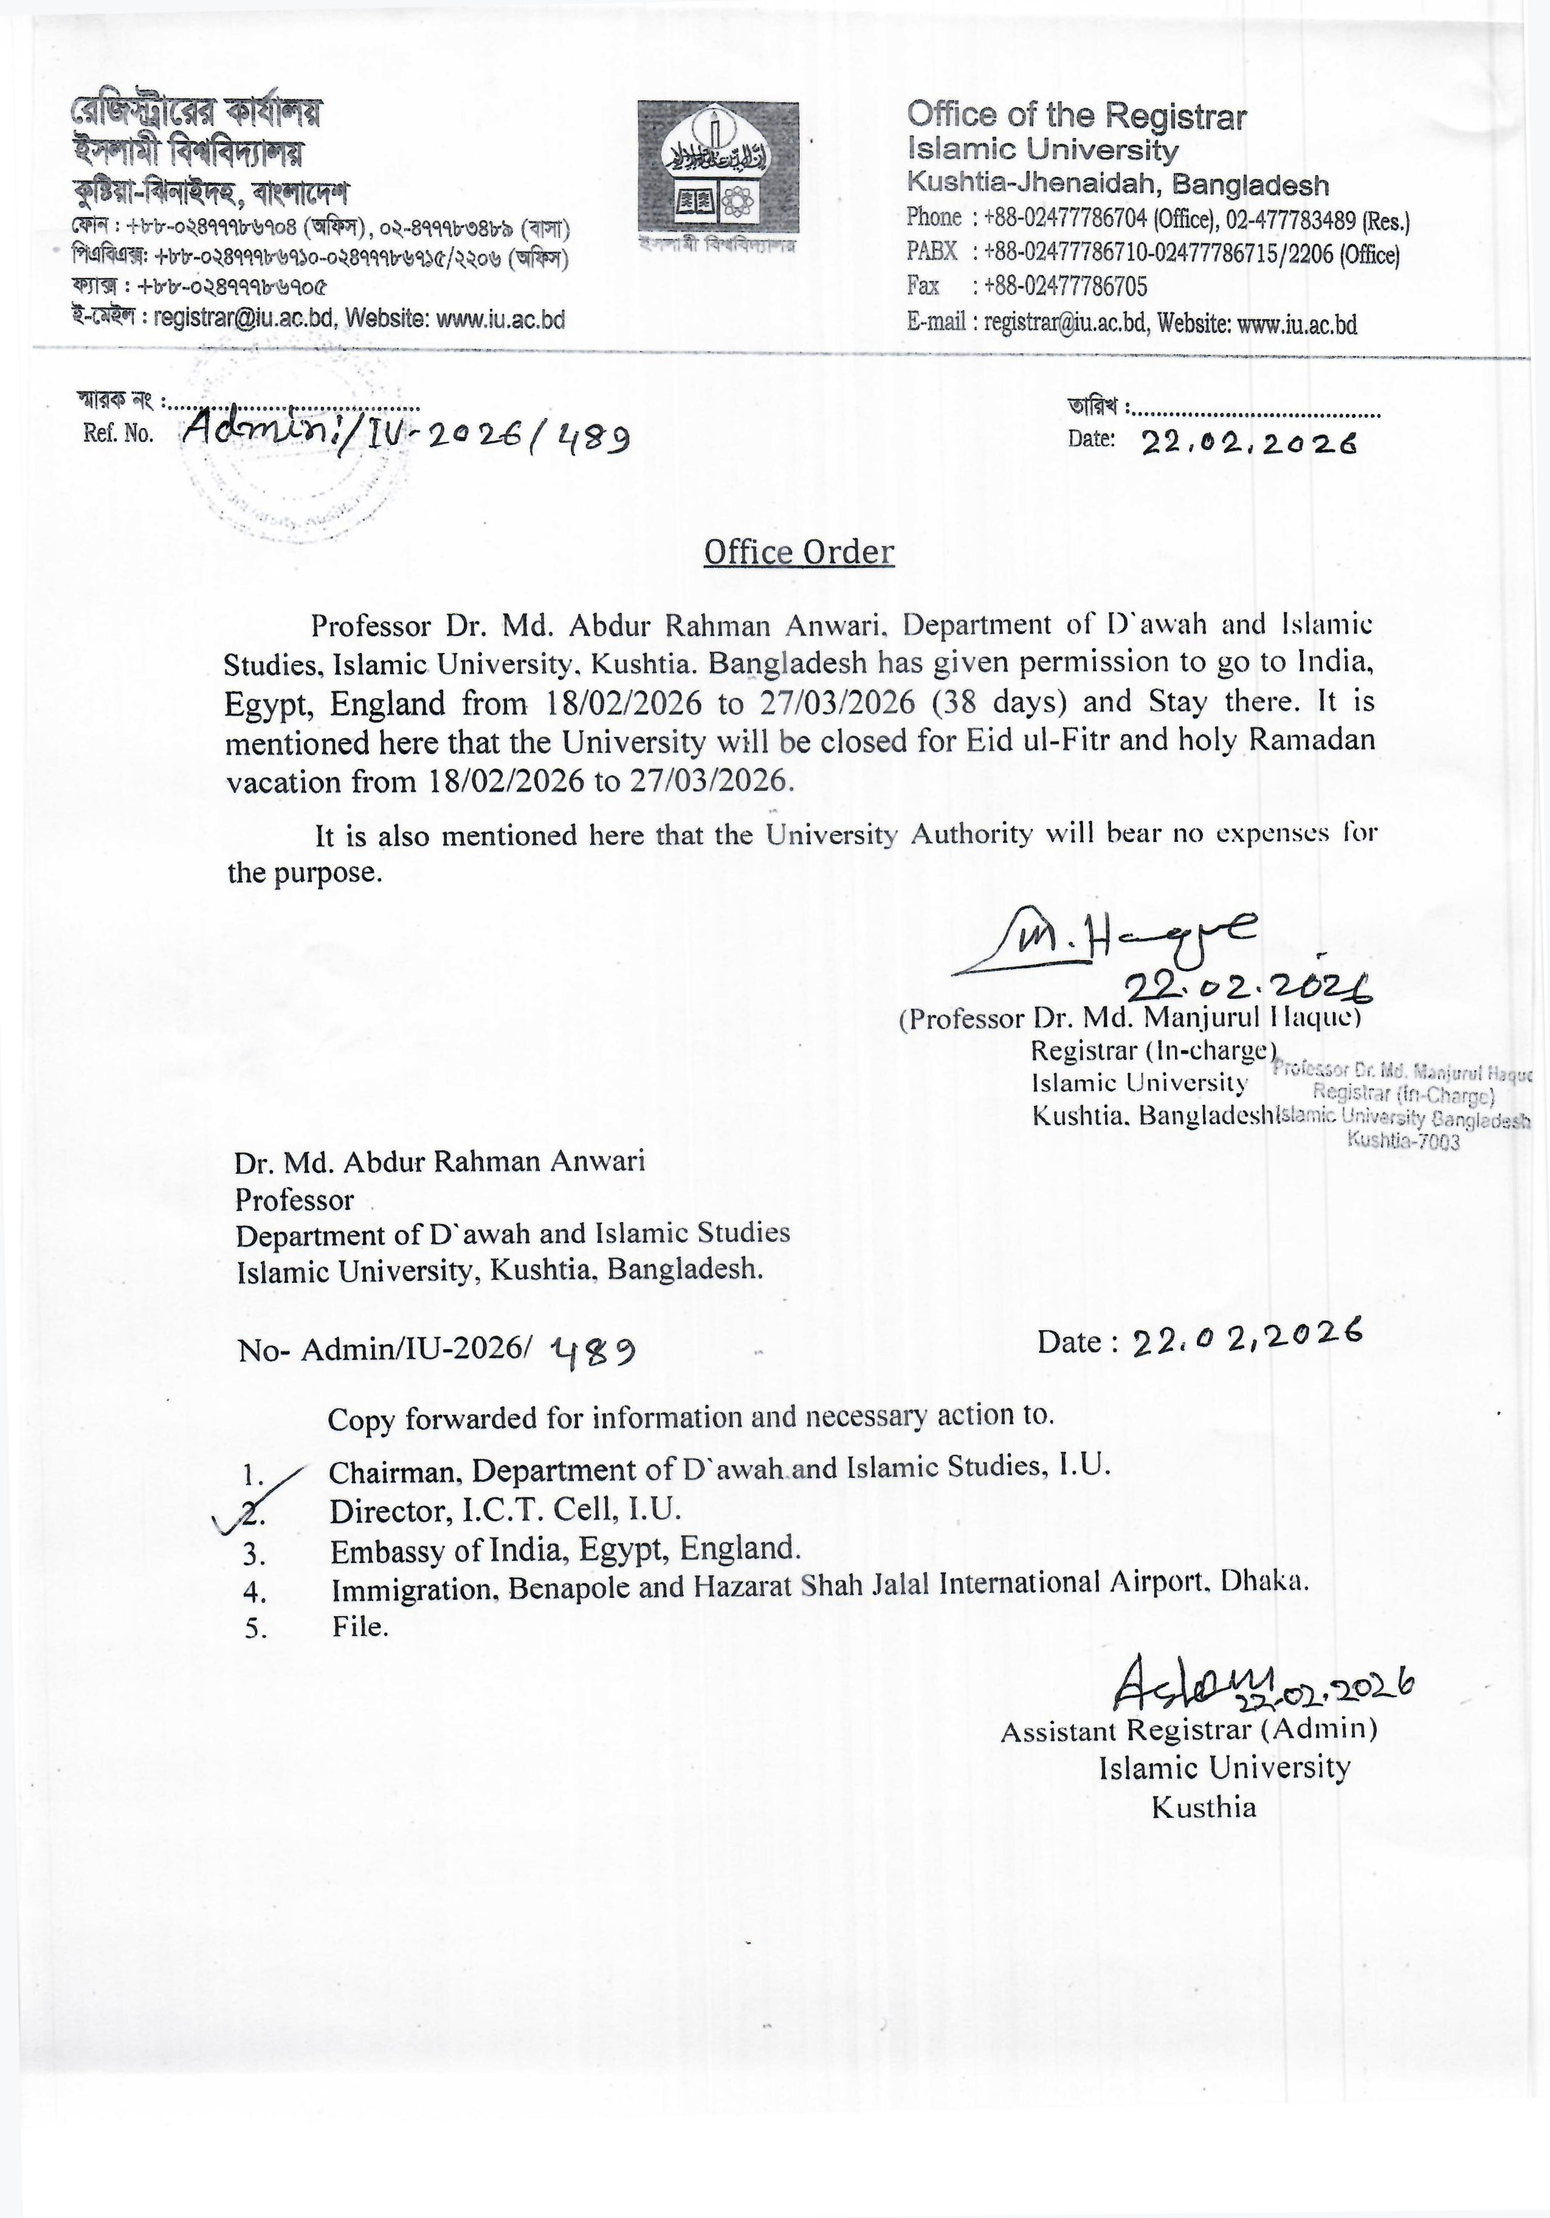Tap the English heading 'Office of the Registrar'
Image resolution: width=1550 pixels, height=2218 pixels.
click(x=1076, y=116)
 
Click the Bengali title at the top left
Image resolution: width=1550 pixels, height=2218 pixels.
click(x=196, y=113)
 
